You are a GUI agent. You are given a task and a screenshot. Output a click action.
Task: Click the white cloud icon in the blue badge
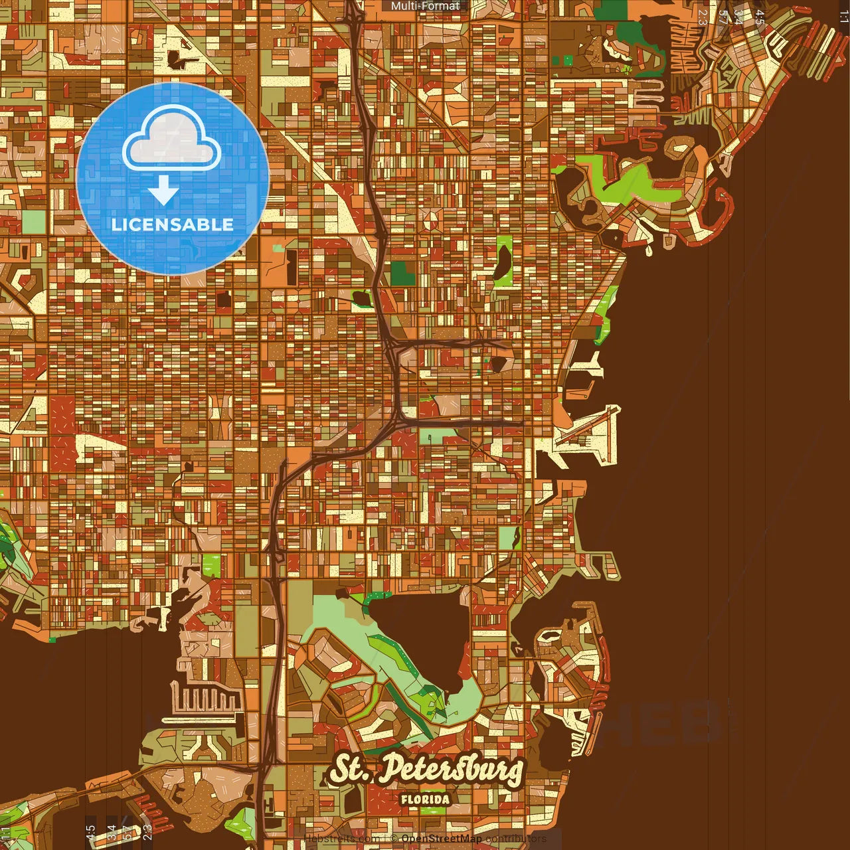click(x=171, y=141)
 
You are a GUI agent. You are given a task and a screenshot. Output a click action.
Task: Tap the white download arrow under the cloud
click(x=163, y=191)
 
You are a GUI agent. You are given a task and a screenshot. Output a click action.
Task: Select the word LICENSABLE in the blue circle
click(x=173, y=224)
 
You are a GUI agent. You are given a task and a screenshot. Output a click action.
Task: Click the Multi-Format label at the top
click(x=425, y=6)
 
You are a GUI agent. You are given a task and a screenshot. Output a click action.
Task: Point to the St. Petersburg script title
click(x=426, y=770)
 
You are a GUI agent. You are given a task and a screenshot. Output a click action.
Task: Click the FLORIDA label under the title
click(x=425, y=800)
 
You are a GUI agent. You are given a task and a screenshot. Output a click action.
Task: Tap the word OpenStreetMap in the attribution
click(x=442, y=839)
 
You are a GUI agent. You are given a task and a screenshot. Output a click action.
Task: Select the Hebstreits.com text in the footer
click(x=341, y=839)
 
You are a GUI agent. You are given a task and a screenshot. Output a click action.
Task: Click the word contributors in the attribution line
click(x=516, y=839)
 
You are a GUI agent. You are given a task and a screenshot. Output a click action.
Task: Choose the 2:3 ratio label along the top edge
click(x=702, y=17)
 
